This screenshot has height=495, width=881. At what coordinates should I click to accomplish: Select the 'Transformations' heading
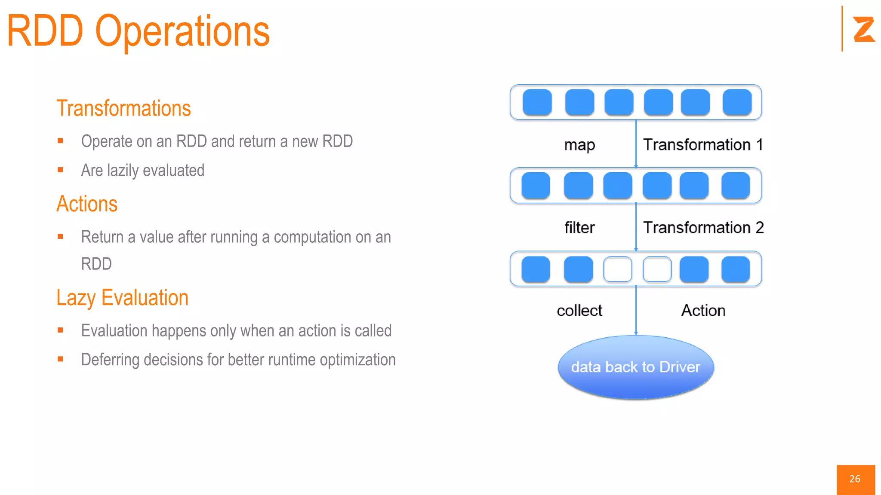pos(123,108)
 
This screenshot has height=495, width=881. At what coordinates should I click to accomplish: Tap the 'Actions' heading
pos(87,204)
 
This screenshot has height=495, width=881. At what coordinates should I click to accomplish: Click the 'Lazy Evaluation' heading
pos(123,298)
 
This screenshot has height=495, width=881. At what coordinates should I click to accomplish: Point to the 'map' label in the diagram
pos(579,145)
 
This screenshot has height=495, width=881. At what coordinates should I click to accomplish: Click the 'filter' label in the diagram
pos(579,228)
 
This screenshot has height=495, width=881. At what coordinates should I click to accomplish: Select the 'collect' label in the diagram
pos(579,311)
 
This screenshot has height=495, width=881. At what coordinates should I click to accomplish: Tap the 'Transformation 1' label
pos(703,145)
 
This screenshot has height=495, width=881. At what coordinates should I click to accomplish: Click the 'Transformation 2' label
pos(703,228)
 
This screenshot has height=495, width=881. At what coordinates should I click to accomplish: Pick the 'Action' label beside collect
pos(703,311)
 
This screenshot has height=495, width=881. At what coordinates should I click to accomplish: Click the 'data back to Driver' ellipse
pos(636,367)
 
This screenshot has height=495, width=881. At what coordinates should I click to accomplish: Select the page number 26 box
pos(855,479)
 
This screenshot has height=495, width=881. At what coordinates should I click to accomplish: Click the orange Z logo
pos(863,29)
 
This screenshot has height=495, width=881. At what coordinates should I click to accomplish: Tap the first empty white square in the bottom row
pos(618,269)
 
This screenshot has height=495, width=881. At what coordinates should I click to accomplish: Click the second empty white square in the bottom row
pos(657,269)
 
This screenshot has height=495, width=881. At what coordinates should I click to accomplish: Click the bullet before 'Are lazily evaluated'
pos(60,170)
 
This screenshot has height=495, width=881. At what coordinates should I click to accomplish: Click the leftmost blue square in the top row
pos(537,102)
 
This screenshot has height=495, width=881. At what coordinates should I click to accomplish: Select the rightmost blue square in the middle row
pos(736,186)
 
